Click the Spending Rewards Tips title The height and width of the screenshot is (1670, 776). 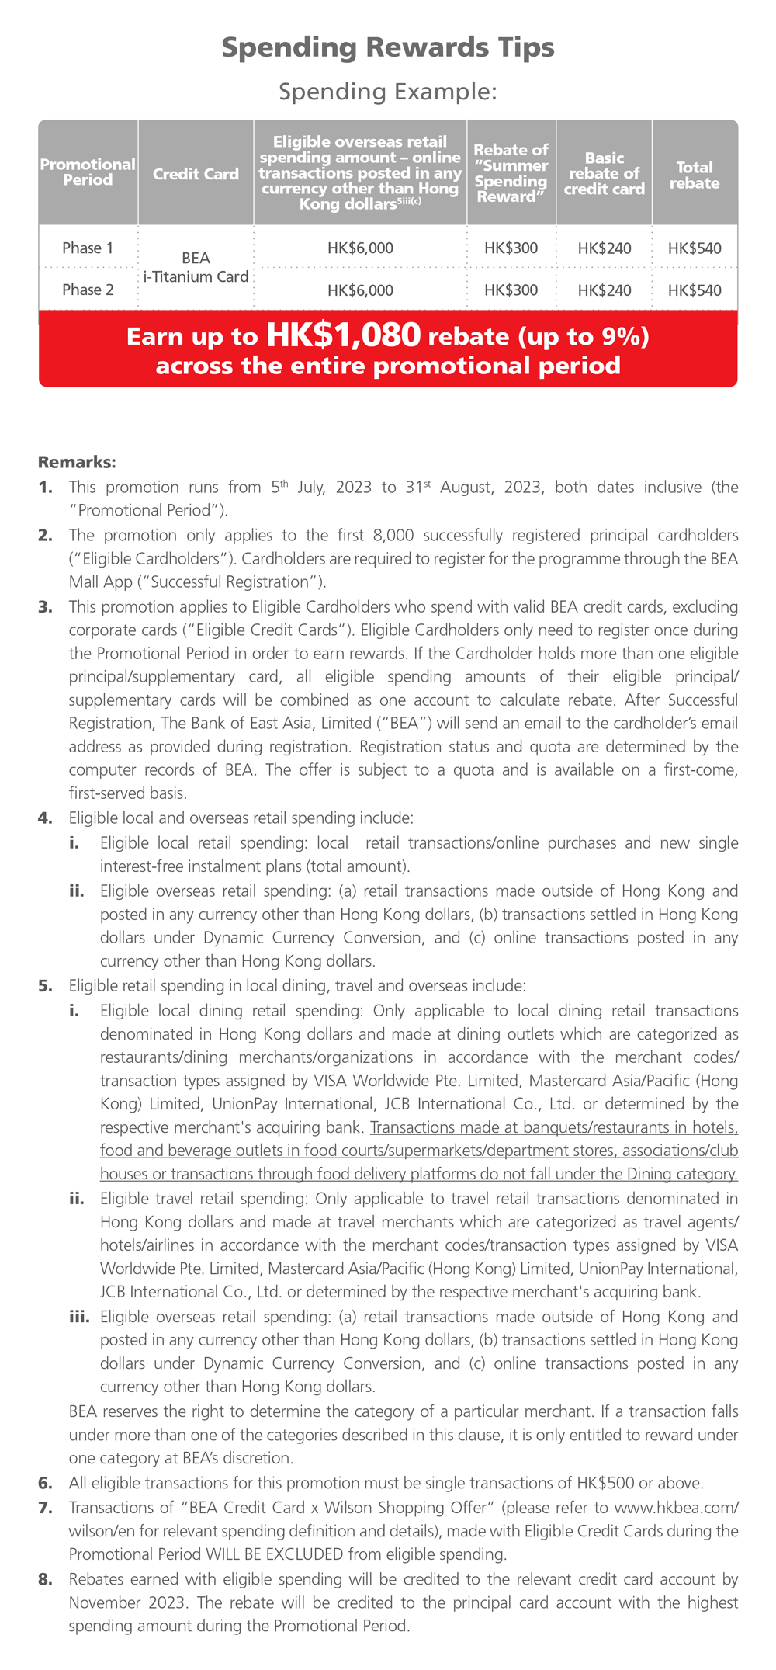(x=388, y=48)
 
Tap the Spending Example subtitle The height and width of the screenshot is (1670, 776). (x=388, y=92)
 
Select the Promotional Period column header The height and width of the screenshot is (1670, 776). (x=88, y=172)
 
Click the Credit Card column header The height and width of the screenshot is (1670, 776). (x=196, y=174)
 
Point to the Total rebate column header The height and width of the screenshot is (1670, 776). (x=695, y=175)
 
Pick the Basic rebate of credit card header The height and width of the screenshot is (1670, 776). (x=605, y=174)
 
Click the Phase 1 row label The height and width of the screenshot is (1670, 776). (x=88, y=248)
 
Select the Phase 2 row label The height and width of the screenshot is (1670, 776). (x=88, y=290)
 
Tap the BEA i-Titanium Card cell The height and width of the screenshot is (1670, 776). (x=196, y=268)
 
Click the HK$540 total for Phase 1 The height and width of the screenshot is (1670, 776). (x=695, y=249)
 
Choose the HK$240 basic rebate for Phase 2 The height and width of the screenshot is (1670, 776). (x=605, y=291)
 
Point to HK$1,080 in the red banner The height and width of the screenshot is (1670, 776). (x=343, y=335)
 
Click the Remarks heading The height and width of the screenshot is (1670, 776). (x=77, y=463)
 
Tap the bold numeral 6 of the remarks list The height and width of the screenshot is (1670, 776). (x=45, y=1484)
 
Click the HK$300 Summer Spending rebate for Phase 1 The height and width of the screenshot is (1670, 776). (x=511, y=249)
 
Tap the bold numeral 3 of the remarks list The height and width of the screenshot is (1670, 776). (x=45, y=607)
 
